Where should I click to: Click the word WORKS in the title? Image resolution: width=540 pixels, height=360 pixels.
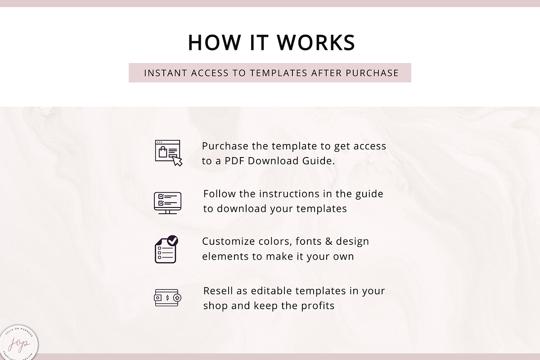[x=316, y=43]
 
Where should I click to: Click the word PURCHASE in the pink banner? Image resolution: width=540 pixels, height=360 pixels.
[x=372, y=73]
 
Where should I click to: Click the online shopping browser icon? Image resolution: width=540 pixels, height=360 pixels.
[x=168, y=153]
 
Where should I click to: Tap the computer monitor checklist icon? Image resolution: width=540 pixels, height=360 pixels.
[x=167, y=203]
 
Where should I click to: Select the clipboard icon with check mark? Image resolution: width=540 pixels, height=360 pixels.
[x=166, y=249]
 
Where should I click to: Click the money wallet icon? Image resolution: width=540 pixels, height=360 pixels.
[x=167, y=298]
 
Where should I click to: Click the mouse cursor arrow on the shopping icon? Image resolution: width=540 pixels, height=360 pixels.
[x=177, y=161]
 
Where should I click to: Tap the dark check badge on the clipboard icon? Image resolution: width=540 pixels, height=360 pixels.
[x=172, y=240]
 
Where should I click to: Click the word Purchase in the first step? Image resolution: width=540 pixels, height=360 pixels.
[x=225, y=146]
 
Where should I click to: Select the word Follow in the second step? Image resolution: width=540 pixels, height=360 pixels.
[x=217, y=194]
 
